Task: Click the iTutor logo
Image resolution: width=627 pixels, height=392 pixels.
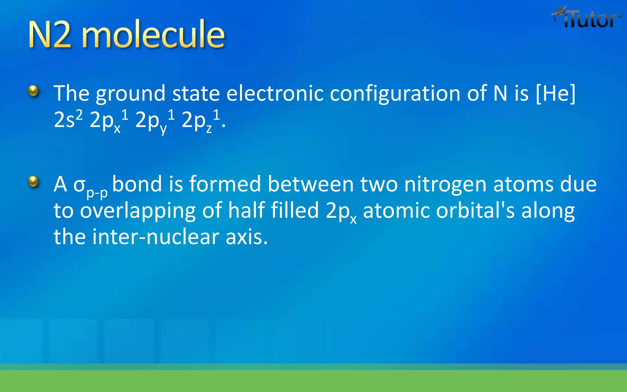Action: (587, 18)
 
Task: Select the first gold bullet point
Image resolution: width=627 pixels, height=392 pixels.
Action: (33, 91)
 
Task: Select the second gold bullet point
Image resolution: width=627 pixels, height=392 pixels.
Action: (33, 182)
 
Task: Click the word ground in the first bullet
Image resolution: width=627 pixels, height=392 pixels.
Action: (131, 93)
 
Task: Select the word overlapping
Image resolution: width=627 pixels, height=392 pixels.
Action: (137, 211)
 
